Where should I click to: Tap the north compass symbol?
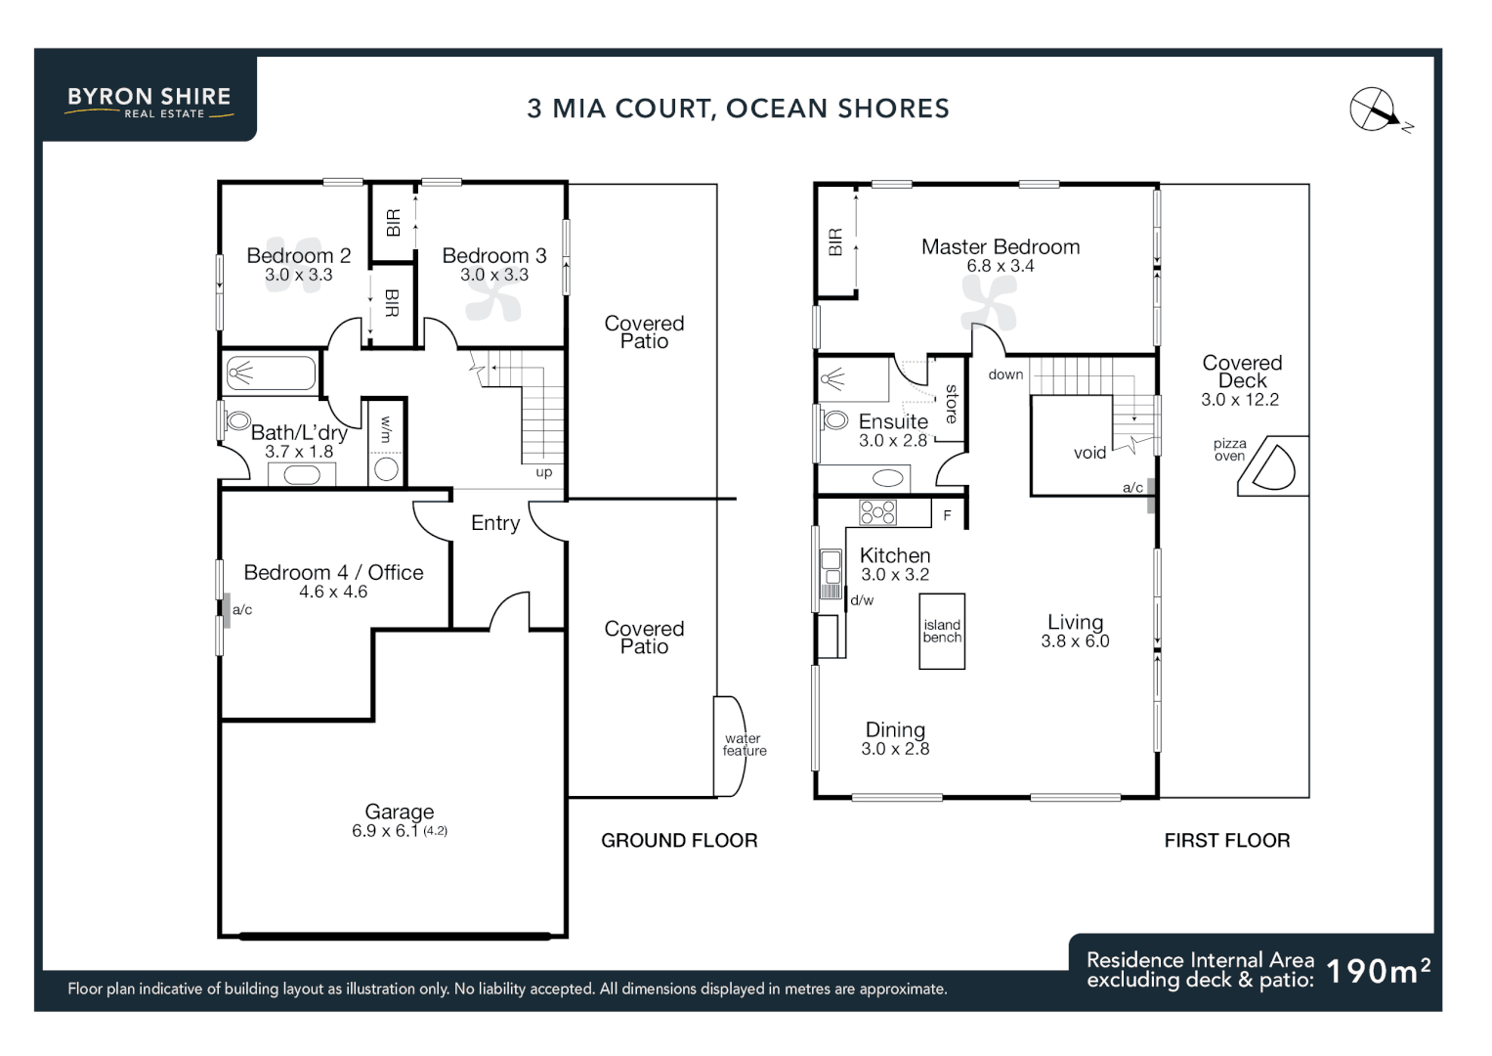click(x=1375, y=110)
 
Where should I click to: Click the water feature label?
click(x=744, y=745)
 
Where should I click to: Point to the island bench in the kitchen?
click(x=942, y=631)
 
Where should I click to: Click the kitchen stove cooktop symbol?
click(x=877, y=511)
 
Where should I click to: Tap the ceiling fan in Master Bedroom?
click(x=988, y=301)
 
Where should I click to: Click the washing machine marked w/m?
click(x=386, y=468)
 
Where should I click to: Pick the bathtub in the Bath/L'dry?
click(x=271, y=373)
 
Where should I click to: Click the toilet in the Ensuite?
click(x=834, y=420)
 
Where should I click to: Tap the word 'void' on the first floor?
click(x=1089, y=453)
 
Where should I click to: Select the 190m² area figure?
click(x=1378, y=971)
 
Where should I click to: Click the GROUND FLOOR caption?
click(x=679, y=840)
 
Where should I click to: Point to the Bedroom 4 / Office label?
click(x=333, y=572)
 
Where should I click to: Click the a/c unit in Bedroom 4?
click(x=227, y=610)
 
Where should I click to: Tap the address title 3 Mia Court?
click(x=738, y=109)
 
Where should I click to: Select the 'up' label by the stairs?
click(x=544, y=472)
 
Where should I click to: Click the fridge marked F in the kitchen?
click(x=947, y=514)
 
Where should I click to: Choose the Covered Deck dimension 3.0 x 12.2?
click(x=1240, y=400)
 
